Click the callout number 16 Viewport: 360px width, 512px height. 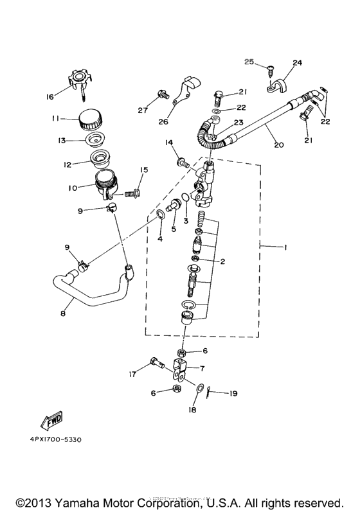coord(50,97)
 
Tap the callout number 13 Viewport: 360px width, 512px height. coord(62,140)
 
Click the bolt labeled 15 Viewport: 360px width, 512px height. coord(134,191)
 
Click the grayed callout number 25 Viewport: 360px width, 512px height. coord(249,62)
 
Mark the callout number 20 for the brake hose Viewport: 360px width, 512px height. coord(278,145)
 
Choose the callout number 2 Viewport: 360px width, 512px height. coord(222,261)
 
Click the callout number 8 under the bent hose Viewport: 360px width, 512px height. coord(62,314)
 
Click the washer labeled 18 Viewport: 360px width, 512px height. coord(201,389)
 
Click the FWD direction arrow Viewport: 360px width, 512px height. coord(49,421)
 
